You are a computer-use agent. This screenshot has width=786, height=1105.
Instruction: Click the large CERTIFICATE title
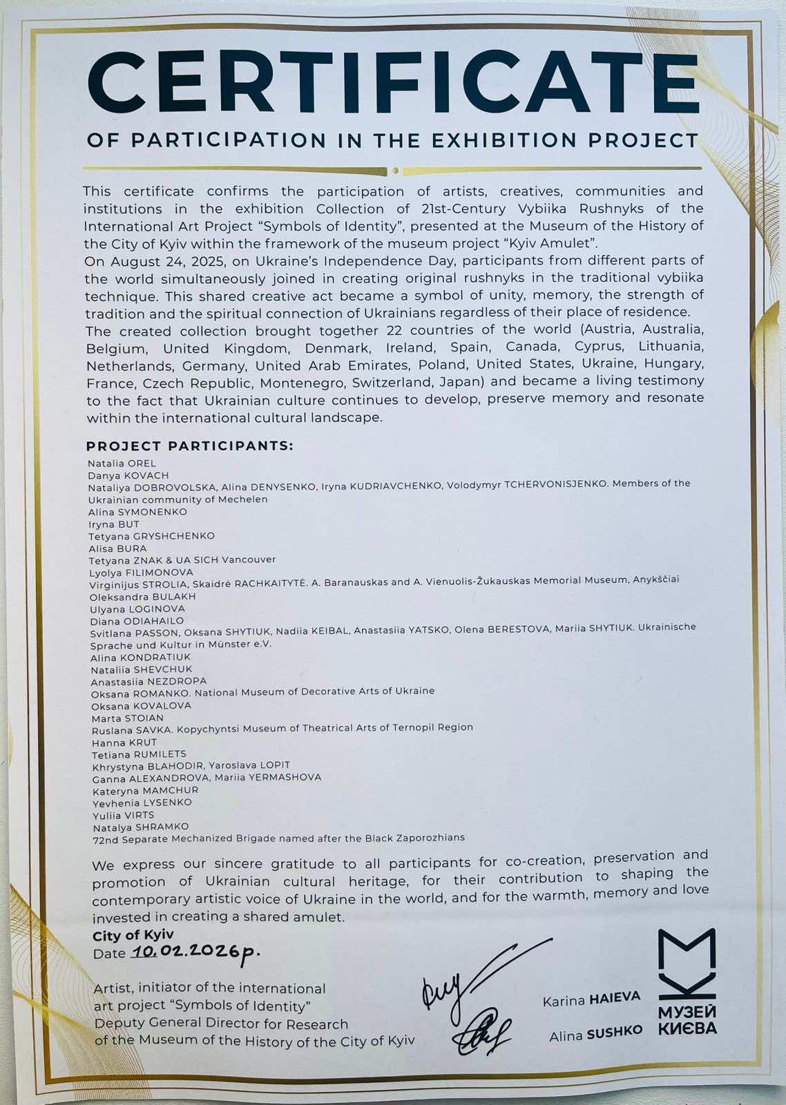(x=393, y=83)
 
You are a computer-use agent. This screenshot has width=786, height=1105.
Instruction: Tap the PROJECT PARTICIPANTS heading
(x=189, y=445)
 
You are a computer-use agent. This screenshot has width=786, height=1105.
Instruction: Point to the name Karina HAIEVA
(x=591, y=999)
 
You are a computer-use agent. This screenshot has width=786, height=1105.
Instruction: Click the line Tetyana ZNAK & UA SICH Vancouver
(x=182, y=560)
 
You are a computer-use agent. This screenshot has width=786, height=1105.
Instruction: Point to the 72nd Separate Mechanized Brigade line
(x=278, y=838)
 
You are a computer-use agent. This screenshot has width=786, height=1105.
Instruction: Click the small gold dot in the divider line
(x=394, y=171)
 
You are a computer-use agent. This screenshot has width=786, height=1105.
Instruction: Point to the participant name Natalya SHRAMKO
(x=141, y=827)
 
